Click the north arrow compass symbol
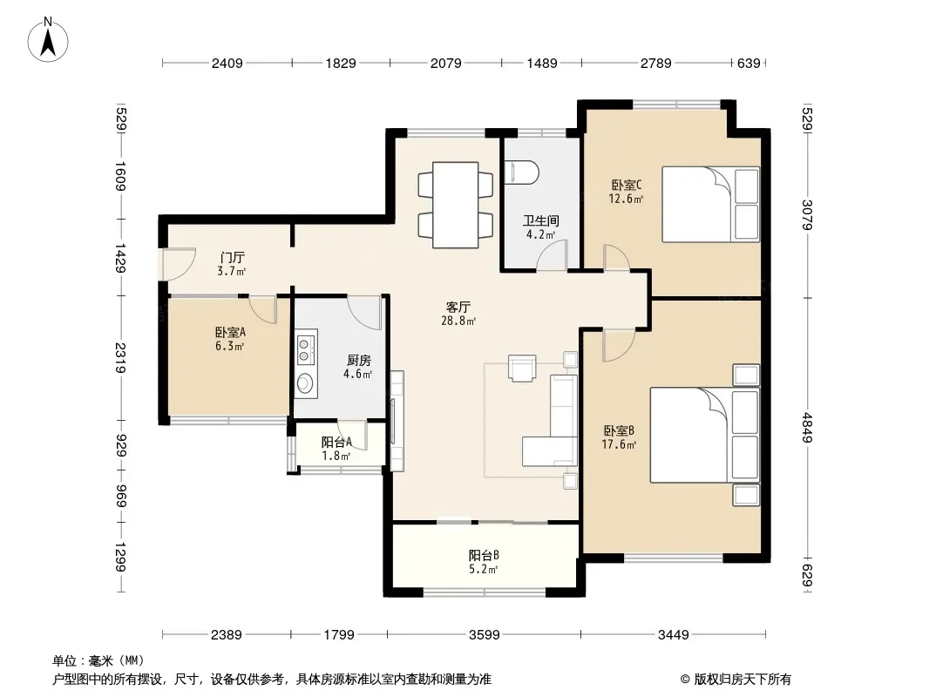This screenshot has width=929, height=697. click(48, 40)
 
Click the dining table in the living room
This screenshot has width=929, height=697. click(455, 205)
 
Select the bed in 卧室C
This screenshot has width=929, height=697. click(710, 204)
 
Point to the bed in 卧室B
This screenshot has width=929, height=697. click(705, 435)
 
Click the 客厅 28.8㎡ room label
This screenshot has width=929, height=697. click(458, 314)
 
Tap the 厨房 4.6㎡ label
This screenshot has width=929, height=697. click(358, 367)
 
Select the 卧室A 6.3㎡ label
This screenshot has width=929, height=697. click(230, 339)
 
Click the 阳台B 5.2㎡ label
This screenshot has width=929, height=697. click(484, 562)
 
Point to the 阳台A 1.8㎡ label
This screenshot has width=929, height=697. click(336, 449)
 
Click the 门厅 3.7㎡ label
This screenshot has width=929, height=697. click(232, 264)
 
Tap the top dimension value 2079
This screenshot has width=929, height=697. click(445, 63)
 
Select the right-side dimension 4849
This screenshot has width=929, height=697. click(808, 428)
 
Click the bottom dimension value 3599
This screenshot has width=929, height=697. click(484, 635)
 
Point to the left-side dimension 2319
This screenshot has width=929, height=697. click(120, 358)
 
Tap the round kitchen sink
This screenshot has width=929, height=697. click(305, 382)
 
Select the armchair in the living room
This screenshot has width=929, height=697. click(522, 368)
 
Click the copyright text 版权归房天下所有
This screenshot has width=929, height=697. click(743, 680)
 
